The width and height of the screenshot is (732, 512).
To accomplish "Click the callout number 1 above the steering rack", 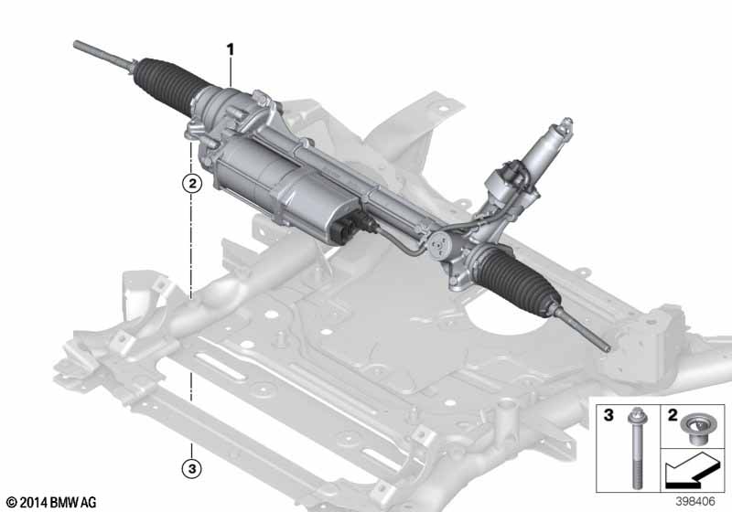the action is click(x=231, y=49).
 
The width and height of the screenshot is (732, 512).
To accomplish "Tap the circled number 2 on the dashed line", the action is click(x=192, y=183).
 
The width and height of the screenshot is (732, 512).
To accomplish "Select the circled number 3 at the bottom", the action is click(x=192, y=468).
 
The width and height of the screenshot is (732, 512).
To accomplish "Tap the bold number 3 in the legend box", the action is click(x=608, y=415).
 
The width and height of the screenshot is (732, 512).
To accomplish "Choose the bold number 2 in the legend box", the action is click(x=673, y=415).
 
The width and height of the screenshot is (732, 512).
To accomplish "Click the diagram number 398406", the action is click(x=695, y=501).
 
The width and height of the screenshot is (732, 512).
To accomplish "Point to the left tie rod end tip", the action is click(x=76, y=44).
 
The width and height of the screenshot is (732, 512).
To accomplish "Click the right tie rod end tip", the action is click(x=607, y=347).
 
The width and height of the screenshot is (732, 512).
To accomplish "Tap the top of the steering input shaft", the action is click(x=567, y=122).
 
